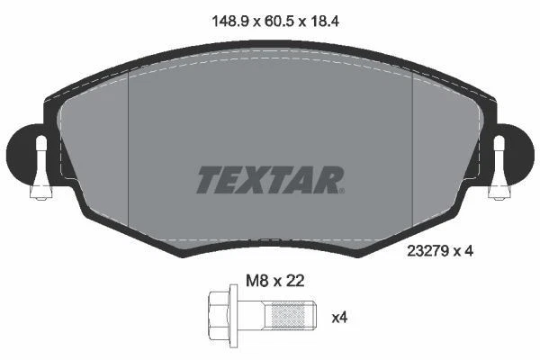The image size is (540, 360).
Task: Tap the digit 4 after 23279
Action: click(x=469, y=253)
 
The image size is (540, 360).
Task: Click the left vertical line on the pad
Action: click(x=130, y=153)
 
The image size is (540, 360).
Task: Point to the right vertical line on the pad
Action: click(x=411, y=153)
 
